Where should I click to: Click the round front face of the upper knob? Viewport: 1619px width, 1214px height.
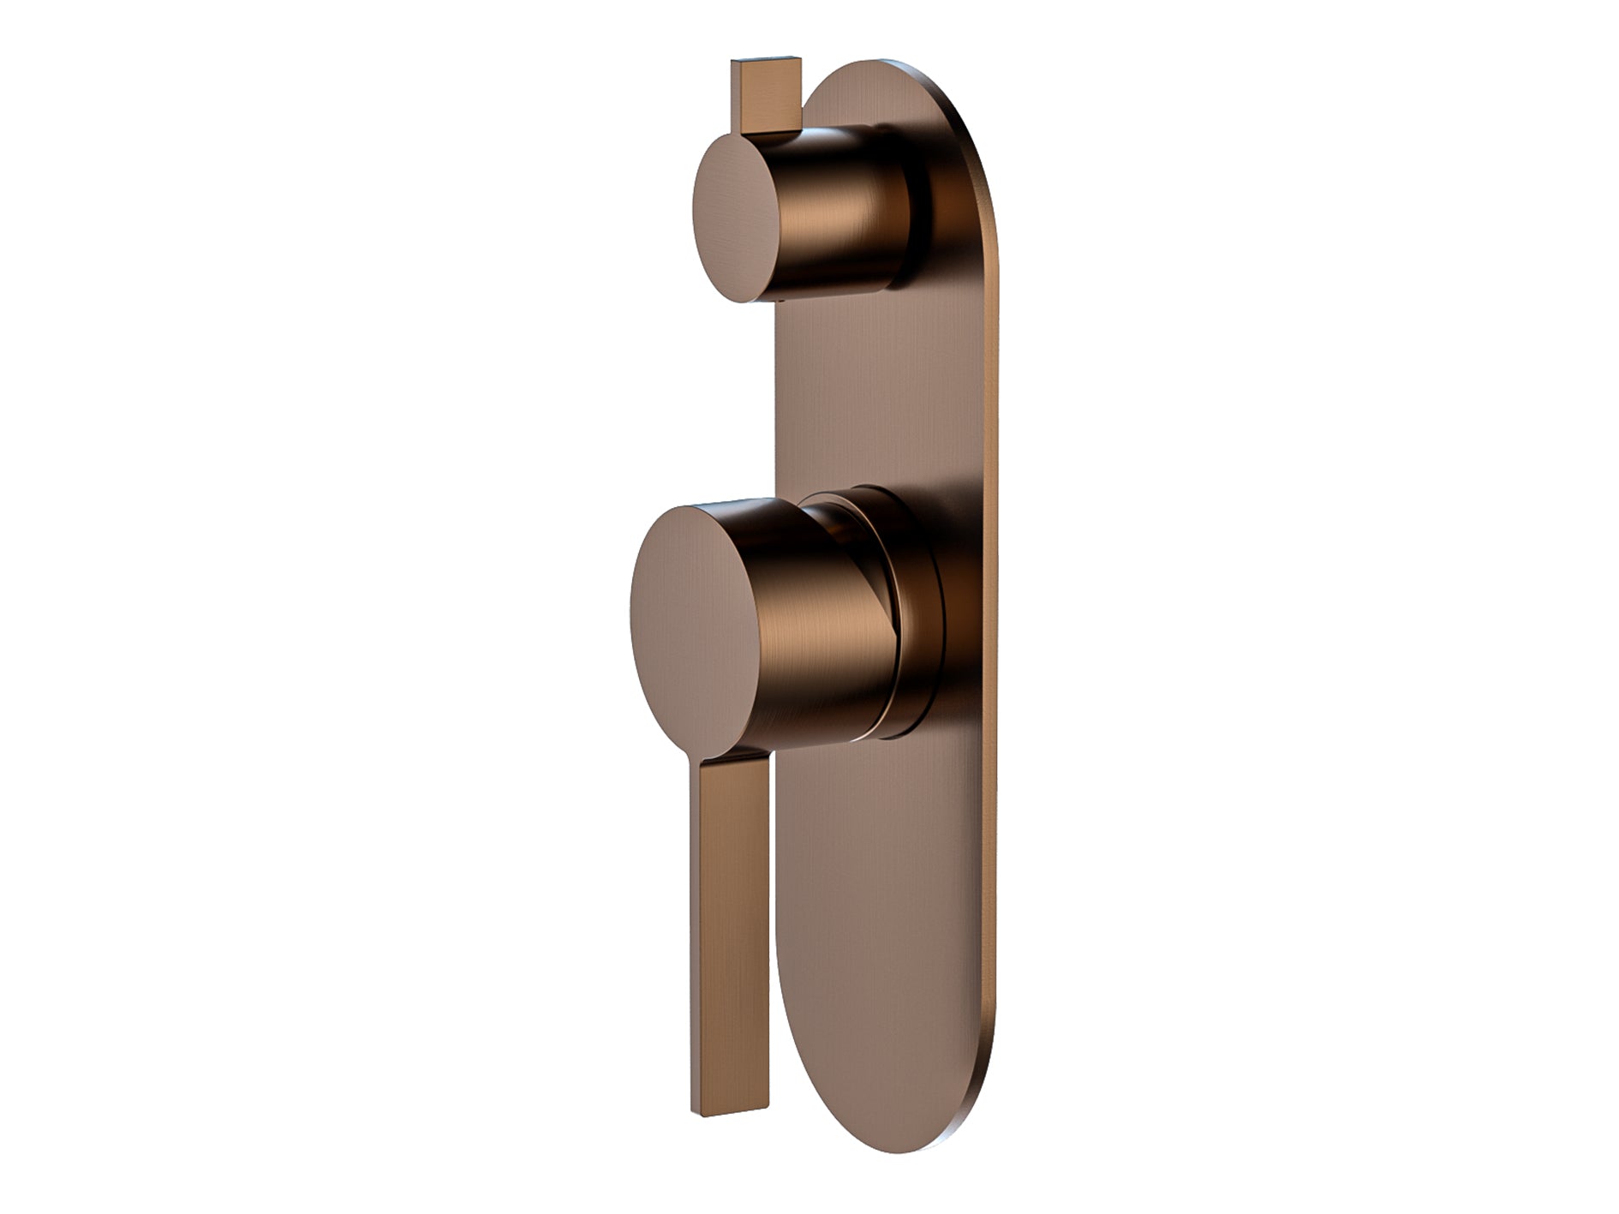735,221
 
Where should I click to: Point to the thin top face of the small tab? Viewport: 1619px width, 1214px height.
767,63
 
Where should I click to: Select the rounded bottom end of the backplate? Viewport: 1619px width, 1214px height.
891,1105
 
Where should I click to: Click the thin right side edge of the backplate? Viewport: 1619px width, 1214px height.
994,685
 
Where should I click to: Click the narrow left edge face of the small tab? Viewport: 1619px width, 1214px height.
736,99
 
